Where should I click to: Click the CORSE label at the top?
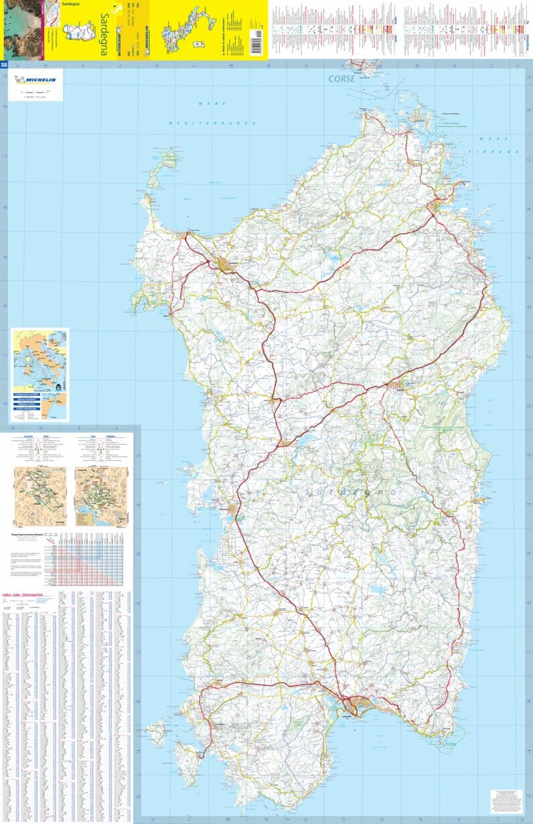click(341, 79)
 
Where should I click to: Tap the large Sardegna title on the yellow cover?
click(104, 33)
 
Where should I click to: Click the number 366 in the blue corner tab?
click(4, 65)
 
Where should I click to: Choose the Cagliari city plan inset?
click(101, 496)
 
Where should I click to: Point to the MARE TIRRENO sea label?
click(499, 144)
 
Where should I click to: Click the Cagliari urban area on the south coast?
click(355, 706)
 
